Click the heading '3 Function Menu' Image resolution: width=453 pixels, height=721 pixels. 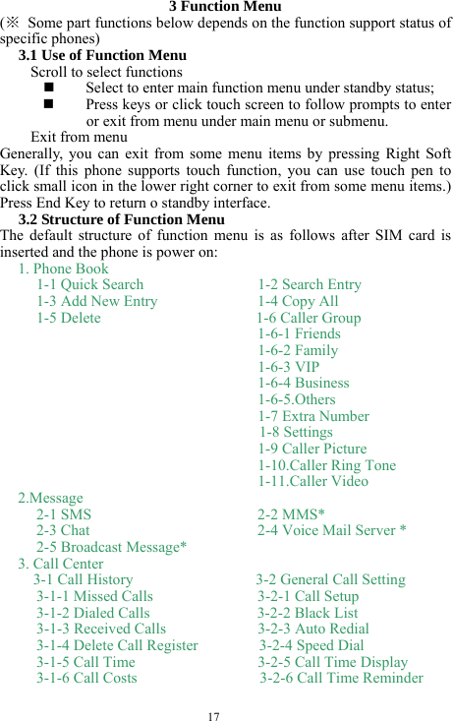tap(225, 7)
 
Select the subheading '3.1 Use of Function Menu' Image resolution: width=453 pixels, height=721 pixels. tap(101, 55)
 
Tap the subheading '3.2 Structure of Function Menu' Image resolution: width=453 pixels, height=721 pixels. tap(121, 219)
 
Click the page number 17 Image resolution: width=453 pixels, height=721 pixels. tap(213, 714)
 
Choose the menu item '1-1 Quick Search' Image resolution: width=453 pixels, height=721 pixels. tap(89, 284)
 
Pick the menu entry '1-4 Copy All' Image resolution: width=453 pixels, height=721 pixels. tap(298, 301)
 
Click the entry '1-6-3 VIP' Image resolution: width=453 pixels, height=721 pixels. tap(288, 367)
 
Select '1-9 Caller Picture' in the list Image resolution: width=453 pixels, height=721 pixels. tap(312, 449)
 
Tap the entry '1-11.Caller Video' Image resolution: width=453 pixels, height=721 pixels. tap(313, 481)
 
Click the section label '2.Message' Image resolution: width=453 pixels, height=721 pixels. tap(50, 498)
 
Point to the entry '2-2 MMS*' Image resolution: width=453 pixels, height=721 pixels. tap(292, 513)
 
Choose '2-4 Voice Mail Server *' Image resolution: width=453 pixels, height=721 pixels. tap(332, 530)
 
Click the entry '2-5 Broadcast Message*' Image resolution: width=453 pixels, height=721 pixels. tap(112, 547)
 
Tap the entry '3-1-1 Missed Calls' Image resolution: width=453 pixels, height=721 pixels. tap(94, 596)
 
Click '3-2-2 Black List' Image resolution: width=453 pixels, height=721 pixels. tap(309, 613)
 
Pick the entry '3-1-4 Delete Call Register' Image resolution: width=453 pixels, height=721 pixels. tap(117, 645)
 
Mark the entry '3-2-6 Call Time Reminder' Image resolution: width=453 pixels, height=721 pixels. tap(341, 678)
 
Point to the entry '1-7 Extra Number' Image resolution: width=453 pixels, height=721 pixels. tap(313, 416)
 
